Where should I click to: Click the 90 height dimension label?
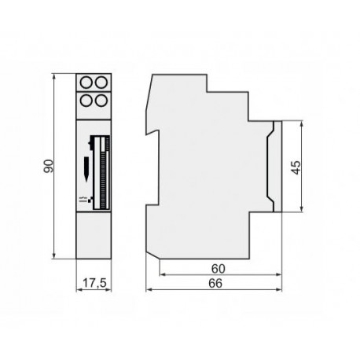(x=47, y=166)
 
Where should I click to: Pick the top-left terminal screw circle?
(x=84, y=83)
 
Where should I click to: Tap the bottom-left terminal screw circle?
(x=84, y=100)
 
